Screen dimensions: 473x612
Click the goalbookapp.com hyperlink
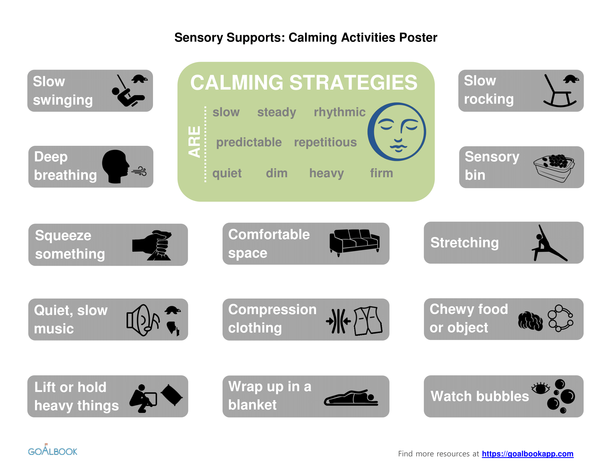tap(527, 454)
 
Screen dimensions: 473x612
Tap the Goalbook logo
tap(53, 450)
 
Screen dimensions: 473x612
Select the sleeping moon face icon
tap(397, 132)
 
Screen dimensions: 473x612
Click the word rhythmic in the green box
tap(339, 112)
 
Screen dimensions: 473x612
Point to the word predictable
tap(249, 142)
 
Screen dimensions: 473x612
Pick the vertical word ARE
tap(194, 142)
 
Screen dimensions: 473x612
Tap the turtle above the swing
tap(140, 79)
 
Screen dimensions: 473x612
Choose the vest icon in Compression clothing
tap(368, 321)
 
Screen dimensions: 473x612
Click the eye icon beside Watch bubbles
tap(540, 388)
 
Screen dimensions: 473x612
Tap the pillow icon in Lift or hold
tap(171, 395)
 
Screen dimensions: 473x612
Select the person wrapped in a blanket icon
tap(351, 398)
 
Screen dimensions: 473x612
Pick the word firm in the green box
tap(381, 173)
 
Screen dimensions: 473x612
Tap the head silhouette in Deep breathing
tap(115, 166)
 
